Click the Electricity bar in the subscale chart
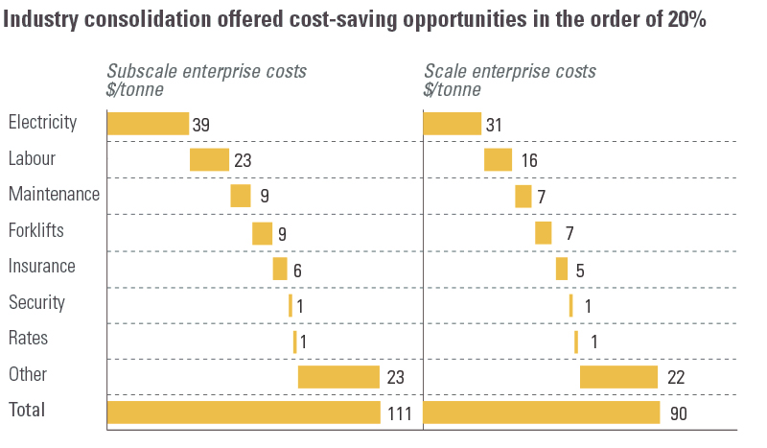[148, 124]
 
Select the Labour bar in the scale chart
[498, 159]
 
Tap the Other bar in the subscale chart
[338, 376]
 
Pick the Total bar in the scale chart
[541, 413]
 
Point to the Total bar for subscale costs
[244, 413]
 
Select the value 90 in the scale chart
[679, 413]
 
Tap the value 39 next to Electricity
[201, 125]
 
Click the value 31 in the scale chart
[494, 125]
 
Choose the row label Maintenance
[54, 194]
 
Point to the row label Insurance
[41, 266]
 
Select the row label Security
[36, 302]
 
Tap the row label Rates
[28, 338]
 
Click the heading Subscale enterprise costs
[206, 72]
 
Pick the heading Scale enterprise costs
[510, 72]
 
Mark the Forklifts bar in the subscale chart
[262, 233]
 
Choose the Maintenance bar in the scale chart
[523, 196]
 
